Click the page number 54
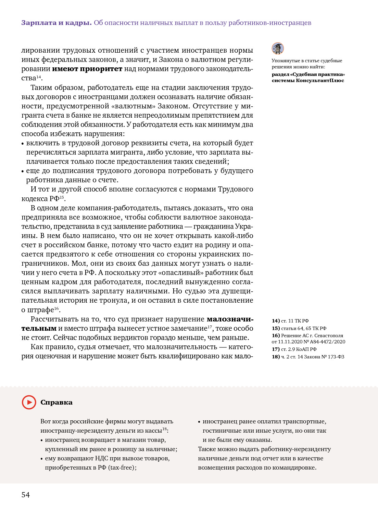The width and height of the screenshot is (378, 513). (x=26, y=495)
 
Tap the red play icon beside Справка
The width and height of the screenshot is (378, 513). (x=29, y=402)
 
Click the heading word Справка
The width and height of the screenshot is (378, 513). (x=56, y=403)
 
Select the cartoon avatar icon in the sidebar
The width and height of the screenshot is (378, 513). (x=278, y=48)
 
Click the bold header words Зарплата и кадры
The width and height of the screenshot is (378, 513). (x=56, y=23)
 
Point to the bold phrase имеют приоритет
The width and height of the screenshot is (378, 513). (x=87, y=69)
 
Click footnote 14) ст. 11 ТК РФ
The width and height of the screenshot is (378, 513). (x=290, y=321)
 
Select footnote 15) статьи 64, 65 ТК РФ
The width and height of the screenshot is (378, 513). (x=299, y=328)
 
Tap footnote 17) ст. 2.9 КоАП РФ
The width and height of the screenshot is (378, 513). (x=294, y=349)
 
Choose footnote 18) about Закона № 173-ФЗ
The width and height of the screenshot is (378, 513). (x=308, y=357)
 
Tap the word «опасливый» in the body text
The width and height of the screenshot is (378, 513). (x=185, y=273)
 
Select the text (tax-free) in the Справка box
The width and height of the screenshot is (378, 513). (x=122, y=468)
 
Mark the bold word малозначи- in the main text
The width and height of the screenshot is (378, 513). (x=230, y=319)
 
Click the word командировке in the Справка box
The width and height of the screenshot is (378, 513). (x=296, y=468)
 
